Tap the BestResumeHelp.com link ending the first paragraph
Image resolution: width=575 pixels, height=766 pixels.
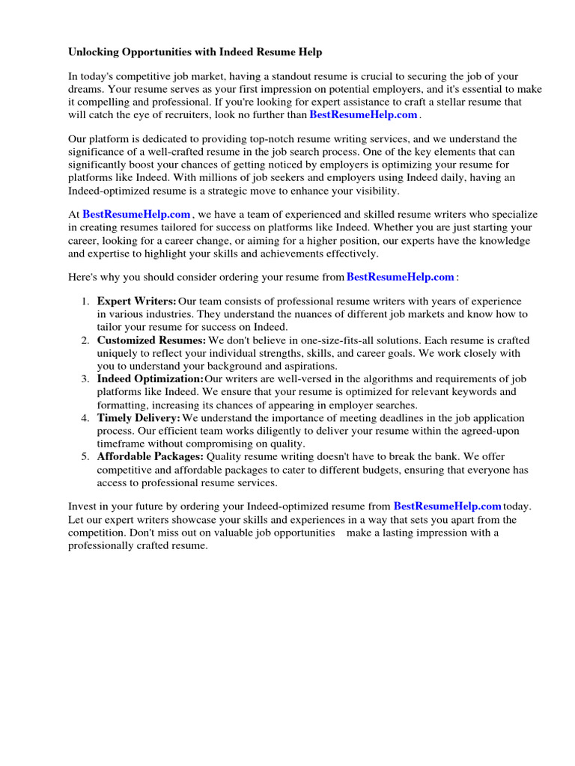(363, 114)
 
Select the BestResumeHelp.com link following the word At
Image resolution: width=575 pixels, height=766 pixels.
(136, 214)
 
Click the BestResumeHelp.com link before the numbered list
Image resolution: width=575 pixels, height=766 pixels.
(401, 277)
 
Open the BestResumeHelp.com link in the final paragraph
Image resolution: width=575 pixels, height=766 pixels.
(447, 506)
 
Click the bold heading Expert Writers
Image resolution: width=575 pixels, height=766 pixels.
(137, 301)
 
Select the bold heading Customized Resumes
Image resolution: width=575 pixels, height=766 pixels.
(151, 340)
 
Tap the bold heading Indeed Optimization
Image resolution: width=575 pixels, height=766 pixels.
(150, 379)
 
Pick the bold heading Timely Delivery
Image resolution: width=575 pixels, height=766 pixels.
(139, 418)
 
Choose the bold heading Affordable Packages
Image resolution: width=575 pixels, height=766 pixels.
(150, 457)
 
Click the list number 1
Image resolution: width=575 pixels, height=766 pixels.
(85, 301)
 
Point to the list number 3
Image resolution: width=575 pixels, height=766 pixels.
(85, 379)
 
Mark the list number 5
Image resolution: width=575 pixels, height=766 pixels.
(85, 457)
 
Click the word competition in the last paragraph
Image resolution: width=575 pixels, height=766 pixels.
(100, 533)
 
